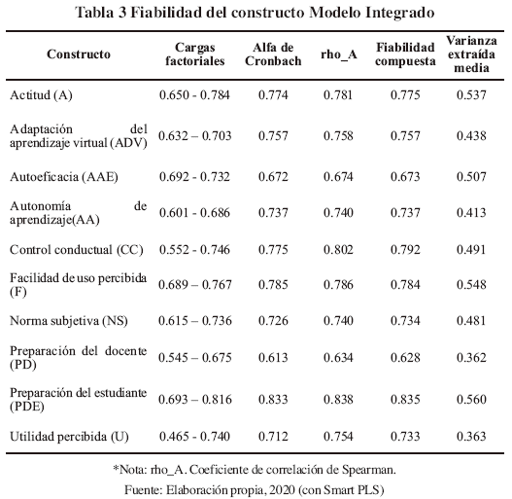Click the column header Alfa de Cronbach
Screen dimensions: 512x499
273,54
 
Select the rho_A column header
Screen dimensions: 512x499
339,54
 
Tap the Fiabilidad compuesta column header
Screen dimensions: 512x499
405,54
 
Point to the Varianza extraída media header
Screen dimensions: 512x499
471,54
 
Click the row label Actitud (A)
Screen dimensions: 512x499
41,95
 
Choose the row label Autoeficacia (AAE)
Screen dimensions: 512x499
64,177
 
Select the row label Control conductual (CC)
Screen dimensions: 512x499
77,250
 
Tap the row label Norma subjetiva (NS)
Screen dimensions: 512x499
69,321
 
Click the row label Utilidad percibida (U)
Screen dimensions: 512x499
69,437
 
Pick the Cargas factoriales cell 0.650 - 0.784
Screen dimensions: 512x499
194,95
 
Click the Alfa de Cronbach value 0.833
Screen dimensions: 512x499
273,400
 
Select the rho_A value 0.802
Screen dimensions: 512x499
338,250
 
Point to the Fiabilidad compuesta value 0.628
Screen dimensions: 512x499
405,357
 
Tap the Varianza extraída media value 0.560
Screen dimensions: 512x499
471,400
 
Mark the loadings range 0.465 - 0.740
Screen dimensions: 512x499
194,437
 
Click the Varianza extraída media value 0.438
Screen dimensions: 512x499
471,136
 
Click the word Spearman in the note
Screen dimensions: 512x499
369,470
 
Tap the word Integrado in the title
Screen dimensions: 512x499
400,13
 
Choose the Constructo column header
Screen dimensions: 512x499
79,54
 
